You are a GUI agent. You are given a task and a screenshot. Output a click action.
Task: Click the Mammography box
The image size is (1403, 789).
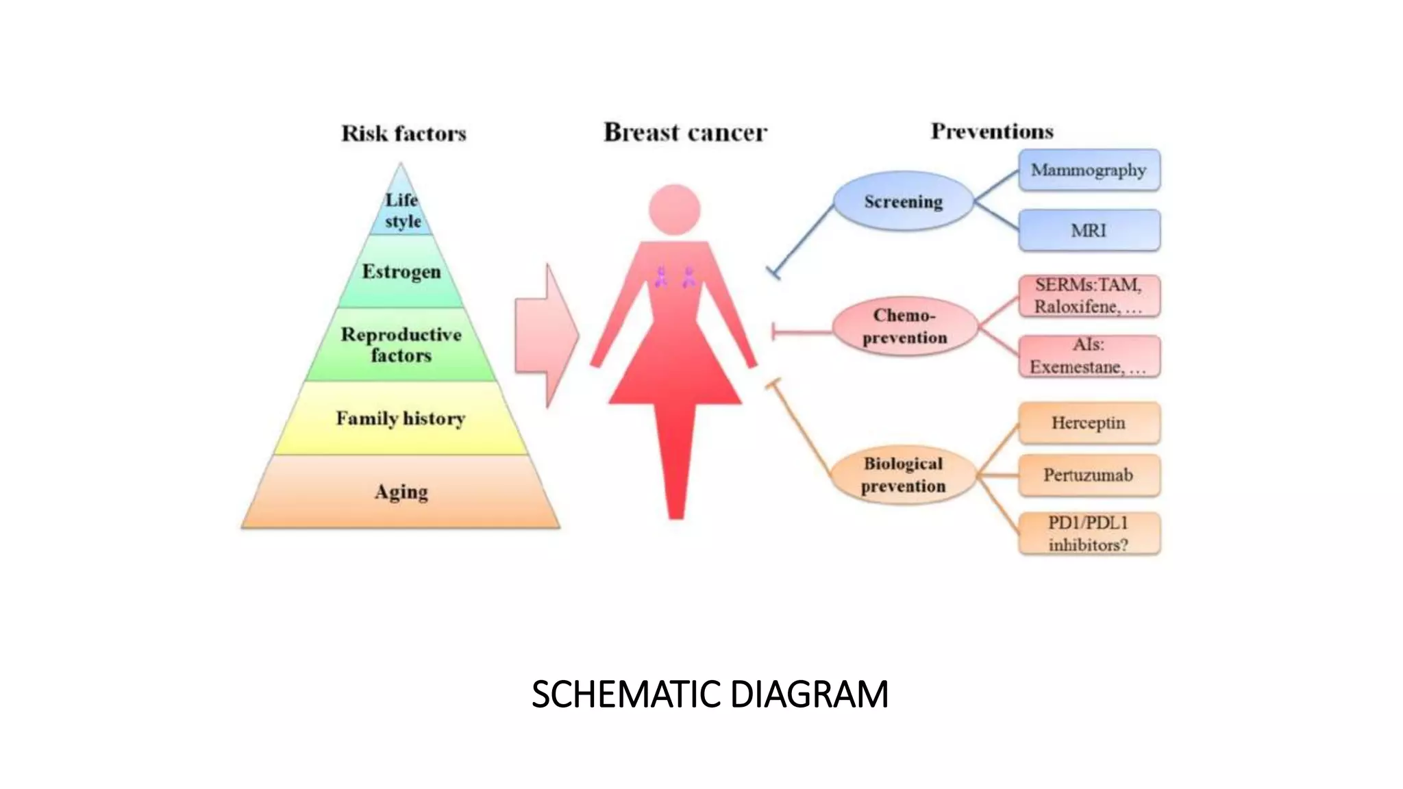pos(1089,170)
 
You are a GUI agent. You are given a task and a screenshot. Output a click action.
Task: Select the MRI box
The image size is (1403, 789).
pos(1089,230)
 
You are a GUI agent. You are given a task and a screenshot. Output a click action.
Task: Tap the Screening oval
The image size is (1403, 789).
pos(903,201)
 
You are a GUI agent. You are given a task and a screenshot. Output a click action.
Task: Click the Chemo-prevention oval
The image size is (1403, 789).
pos(904,327)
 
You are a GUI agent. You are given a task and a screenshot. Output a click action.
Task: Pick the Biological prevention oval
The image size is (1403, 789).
pos(903,475)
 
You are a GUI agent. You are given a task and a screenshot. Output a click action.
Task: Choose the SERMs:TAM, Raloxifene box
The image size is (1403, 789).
pos(1089,296)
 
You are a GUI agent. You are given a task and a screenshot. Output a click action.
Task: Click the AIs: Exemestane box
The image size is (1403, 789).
pos(1089,356)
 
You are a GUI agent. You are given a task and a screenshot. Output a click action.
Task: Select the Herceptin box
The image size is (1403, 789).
pos(1089,423)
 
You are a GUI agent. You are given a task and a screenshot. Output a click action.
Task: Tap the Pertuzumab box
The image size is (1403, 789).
pos(1089,475)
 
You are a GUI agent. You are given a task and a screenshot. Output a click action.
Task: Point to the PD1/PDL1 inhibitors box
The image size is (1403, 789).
pos(1089,534)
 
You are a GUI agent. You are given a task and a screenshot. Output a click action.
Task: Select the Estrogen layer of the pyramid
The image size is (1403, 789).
pos(401,272)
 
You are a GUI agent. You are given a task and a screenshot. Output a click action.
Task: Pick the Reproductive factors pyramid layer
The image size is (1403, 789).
pos(401,345)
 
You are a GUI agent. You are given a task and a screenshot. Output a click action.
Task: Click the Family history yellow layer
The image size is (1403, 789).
pos(401,418)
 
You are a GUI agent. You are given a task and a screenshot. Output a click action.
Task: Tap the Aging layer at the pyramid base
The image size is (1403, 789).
pos(401,492)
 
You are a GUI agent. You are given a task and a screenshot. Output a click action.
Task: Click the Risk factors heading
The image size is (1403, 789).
pos(403,133)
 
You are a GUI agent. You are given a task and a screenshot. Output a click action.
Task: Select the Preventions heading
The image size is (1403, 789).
pos(991,131)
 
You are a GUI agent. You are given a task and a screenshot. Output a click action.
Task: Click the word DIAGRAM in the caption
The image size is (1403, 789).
pos(809,694)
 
